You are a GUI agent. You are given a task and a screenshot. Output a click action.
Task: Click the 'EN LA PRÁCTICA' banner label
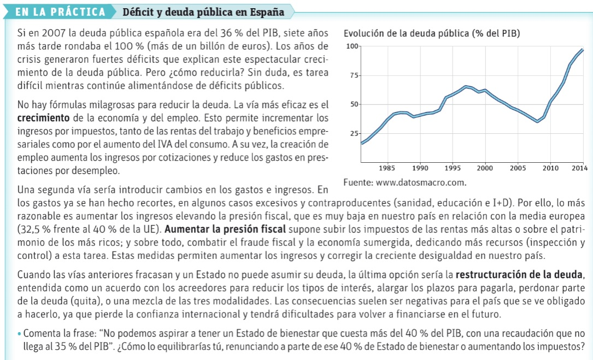[61, 11]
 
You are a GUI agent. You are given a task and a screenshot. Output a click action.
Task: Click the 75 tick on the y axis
[354, 75]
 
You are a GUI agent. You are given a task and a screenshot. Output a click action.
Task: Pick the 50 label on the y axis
[354, 104]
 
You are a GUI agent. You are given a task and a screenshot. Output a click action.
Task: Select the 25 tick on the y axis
[354, 134]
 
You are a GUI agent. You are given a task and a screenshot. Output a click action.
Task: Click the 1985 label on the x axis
[387, 168]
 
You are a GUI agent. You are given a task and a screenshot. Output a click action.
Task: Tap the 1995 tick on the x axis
[453, 168]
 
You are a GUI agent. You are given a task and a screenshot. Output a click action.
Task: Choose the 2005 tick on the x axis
[518, 168]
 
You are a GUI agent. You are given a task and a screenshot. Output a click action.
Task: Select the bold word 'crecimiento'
[43, 117]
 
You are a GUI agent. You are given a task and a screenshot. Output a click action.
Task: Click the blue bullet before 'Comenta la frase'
[19, 334]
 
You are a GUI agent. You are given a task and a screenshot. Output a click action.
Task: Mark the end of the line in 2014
[582, 50]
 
